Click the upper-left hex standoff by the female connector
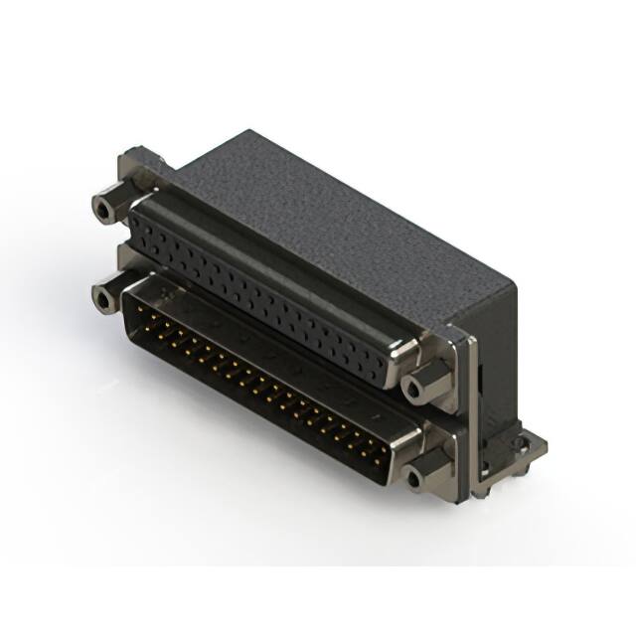104,209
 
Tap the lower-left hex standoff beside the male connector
102,295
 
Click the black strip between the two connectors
258,333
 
